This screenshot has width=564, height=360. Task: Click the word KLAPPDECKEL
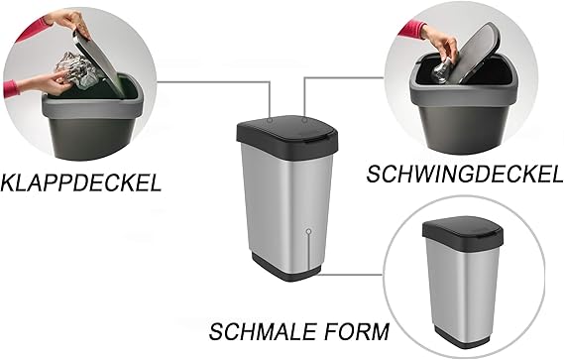pyautogui.click(x=80, y=182)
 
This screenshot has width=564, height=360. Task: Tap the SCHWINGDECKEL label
pyautogui.click(x=464, y=174)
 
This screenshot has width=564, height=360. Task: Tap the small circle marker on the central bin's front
pyautogui.click(x=308, y=231)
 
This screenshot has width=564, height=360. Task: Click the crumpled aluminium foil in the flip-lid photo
pyautogui.click(x=77, y=69)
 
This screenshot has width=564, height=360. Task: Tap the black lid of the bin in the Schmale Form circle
pyautogui.click(x=463, y=231)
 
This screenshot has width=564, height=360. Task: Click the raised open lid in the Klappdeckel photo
pyautogui.click(x=99, y=63)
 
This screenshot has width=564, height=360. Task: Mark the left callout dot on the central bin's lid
pyautogui.click(x=270, y=118)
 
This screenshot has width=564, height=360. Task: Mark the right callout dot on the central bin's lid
pyautogui.click(x=304, y=120)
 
